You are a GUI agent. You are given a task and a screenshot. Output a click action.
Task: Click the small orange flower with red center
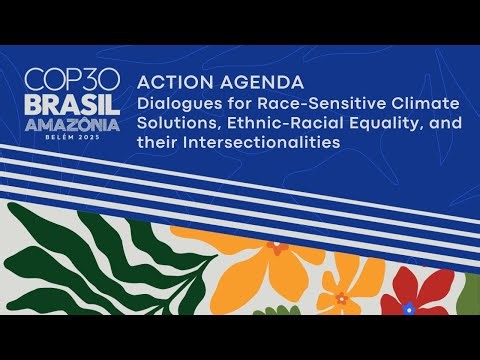[342, 298]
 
